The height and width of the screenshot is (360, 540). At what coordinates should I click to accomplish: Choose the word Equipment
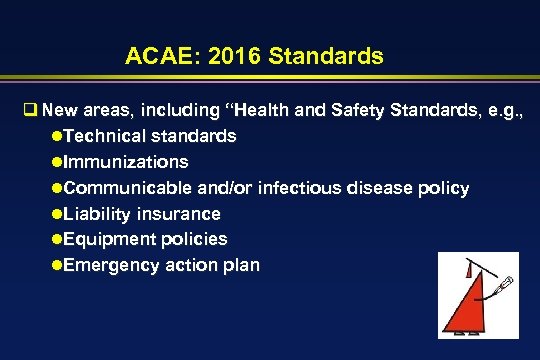pyautogui.click(x=108, y=240)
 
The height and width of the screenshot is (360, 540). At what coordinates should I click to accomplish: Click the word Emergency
pyautogui.click(x=111, y=266)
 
